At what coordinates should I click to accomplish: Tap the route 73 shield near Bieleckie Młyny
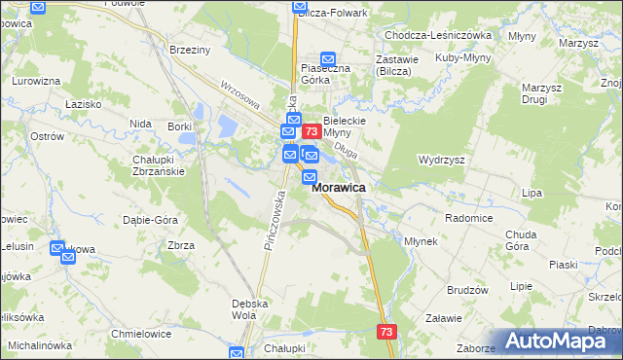coord(311,131)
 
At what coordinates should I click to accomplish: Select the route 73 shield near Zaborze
coord(387,332)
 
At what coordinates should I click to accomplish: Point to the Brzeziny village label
coord(191,50)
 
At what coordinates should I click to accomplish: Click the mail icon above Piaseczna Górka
coord(328,59)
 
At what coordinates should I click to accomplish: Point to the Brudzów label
coord(467,290)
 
